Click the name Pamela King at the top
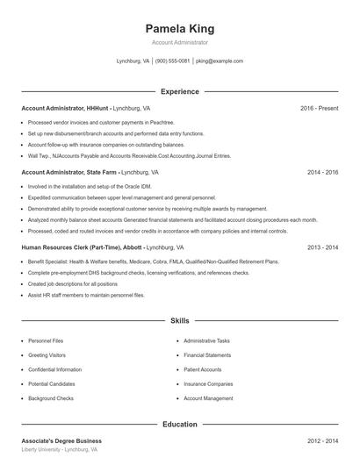point(179,28)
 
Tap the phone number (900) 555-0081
point(173,61)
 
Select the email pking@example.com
point(220,61)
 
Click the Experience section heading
point(179,91)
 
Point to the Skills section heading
point(179,321)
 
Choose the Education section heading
point(179,424)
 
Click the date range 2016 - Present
point(319,108)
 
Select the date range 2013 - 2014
point(322,247)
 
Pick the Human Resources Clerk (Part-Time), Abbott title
point(80,247)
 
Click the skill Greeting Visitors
point(47,354)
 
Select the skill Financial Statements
point(207,354)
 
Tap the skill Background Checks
point(51,398)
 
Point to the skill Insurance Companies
point(208,383)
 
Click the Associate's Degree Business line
point(61,440)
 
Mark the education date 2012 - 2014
point(322,440)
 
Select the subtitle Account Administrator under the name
point(179,42)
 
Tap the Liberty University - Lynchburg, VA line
point(59,449)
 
